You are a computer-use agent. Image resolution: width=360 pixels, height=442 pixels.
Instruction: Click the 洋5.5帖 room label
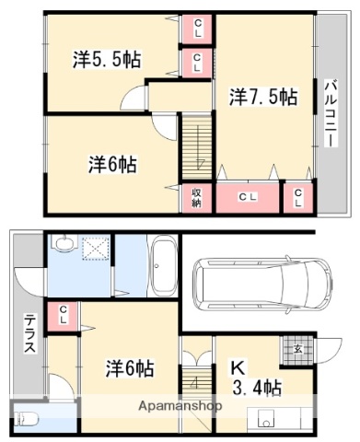click(x=107, y=60)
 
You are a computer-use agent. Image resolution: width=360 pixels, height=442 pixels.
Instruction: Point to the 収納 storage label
click(x=196, y=197)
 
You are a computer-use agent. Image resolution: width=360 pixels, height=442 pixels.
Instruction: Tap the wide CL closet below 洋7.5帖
click(x=248, y=197)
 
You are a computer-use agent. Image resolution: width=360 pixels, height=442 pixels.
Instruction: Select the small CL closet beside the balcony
click(x=298, y=197)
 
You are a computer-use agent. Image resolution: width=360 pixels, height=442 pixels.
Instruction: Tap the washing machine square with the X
click(x=94, y=250)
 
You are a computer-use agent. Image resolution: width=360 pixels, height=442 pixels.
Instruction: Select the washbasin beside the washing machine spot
click(x=63, y=245)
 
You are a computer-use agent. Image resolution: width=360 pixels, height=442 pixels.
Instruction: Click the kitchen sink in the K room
click(x=267, y=423)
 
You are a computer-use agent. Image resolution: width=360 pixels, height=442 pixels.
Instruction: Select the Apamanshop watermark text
click(x=180, y=406)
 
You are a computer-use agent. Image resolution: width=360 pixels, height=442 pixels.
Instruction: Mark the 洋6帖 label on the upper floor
click(x=113, y=165)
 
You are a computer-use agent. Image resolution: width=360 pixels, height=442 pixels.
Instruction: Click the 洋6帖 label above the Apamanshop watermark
click(x=128, y=369)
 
